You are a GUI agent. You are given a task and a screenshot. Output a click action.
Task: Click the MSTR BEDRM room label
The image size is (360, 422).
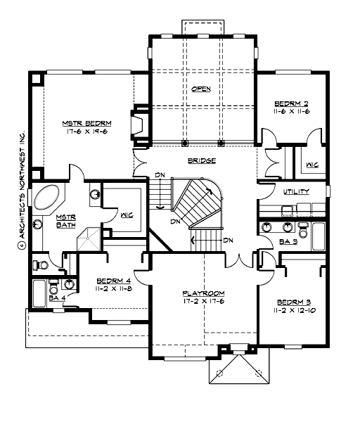coord(88,122)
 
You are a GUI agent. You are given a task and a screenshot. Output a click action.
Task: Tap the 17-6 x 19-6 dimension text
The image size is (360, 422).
coord(88,131)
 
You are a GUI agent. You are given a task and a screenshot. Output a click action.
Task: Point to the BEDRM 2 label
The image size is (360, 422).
coord(291,103)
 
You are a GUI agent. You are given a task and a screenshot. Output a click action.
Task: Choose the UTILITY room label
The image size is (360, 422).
coord(295,191)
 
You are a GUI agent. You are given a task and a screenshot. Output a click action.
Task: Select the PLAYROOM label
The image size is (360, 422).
coord(204,293)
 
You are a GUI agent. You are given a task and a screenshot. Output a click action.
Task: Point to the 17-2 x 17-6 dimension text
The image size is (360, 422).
coord(204,302)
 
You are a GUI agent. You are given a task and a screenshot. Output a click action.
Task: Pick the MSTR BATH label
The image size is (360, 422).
coord(65,222)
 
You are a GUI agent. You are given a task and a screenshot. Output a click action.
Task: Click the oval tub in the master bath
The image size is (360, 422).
coord(49,198)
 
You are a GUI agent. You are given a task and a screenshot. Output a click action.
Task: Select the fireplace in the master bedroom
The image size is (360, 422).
coord(139,125)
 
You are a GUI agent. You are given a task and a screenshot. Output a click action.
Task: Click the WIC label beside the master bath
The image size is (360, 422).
coord(127,215)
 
